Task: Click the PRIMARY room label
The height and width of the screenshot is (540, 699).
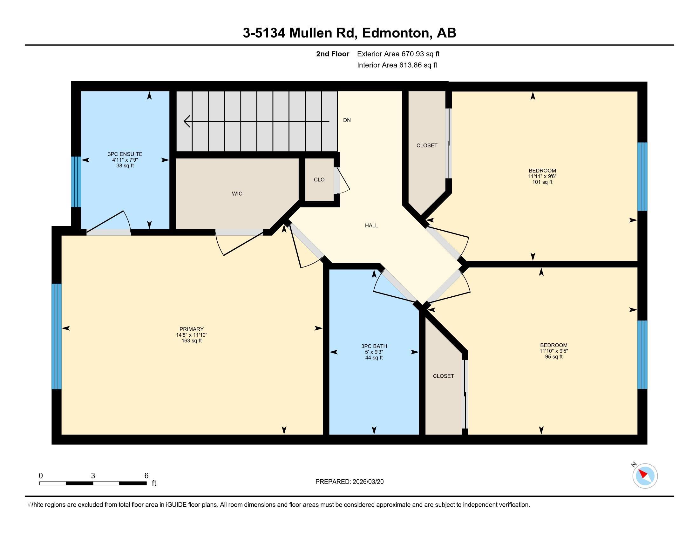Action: coord(191,329)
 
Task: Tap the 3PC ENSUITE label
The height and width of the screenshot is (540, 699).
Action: coord(125,154)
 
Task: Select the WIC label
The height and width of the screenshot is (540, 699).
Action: coord(237,193)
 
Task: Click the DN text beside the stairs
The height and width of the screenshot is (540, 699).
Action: coord(347,120)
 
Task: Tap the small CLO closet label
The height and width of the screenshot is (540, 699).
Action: coord(319,180)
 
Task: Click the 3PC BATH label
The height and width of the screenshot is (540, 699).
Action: coord(374,346)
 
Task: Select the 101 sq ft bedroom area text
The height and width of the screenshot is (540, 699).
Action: coord(542,182)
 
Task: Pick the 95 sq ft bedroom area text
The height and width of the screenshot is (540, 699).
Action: coord(554,357)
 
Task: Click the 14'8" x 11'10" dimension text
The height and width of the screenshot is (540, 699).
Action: coord(191,335)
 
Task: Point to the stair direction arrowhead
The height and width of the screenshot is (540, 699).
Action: coord(187,121)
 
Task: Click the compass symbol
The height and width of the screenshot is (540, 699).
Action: coord(645,476)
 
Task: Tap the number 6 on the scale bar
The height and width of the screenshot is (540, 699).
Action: coord(146,476)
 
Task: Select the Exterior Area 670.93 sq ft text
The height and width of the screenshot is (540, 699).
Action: coord(398,54)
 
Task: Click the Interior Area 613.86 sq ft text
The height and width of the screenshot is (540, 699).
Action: coord(397,65)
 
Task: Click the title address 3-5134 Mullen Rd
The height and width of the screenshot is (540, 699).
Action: coord(300,33)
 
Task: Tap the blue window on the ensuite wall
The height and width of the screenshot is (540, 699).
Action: coord(76,182)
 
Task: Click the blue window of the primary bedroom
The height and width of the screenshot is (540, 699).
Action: coord(57,336)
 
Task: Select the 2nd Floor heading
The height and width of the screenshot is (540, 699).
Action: coord(333,54)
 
